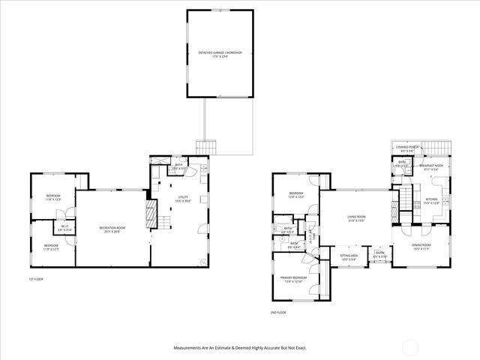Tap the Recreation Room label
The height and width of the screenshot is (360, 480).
coord(112,229)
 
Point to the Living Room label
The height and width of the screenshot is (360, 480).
coord(356,219)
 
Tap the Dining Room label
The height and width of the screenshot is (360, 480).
coord(421,246)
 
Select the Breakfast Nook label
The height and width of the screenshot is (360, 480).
coord(430,166)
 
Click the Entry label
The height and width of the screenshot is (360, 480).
coord(381,256)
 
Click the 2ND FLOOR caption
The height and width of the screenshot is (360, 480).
coord(279,312)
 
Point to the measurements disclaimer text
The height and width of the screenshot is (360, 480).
coord(240,347)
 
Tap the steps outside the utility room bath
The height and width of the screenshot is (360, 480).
coord(205,146)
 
